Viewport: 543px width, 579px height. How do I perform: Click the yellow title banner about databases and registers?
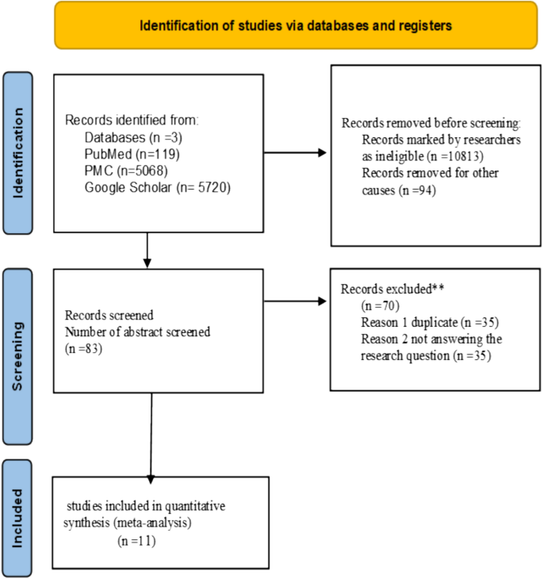click(296, 25)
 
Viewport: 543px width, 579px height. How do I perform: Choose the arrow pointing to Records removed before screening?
click(295, 153)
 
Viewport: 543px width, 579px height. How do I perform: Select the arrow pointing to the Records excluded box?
click(295, 301)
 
